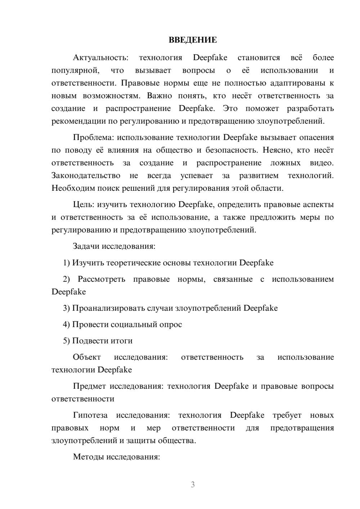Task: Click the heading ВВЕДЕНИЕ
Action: (193, 40)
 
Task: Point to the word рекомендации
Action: (79, 121)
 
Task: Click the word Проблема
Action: (94, 138)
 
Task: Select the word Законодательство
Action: (86, 176)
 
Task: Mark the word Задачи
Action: (86, 247)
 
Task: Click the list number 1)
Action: (67, 263)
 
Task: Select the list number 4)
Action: (67, 324)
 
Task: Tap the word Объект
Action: (87, 357)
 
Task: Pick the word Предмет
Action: (89, 386)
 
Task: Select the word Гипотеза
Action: (90, 415)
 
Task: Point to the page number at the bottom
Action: (193, 485)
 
